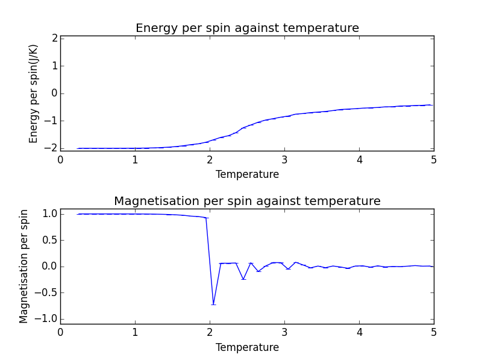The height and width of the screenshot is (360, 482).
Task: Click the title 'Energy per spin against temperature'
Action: (247, 28)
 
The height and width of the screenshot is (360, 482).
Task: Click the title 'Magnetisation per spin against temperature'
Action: (247, 201)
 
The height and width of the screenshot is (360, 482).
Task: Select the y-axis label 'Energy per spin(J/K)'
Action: (34, 93)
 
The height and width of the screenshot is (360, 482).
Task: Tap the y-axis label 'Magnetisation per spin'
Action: (24, 266)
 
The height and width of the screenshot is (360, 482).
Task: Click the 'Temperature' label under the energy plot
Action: (247, 175)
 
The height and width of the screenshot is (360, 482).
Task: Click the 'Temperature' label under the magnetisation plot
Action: (247, 348)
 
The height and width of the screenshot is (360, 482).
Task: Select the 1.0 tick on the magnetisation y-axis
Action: (50, 214)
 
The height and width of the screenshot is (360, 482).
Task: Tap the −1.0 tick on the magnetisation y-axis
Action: (48, 319)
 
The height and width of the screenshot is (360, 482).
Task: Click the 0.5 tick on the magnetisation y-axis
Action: (50, 240)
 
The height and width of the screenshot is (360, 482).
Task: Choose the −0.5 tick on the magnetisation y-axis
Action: (48, 292)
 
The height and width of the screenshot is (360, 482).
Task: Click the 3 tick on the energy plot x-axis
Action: (284, 160)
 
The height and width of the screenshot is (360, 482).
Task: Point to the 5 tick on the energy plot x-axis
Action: (434, 160)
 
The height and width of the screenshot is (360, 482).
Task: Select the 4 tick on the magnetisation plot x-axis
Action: (359, 333)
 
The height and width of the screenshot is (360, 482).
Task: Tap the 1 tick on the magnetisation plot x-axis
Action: (135, 333)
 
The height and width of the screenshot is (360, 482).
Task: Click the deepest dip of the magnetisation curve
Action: (213, 304)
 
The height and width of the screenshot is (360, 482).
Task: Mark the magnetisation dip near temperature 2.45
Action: (243, 279)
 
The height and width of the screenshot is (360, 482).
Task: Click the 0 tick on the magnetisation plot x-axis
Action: (60, 333)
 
